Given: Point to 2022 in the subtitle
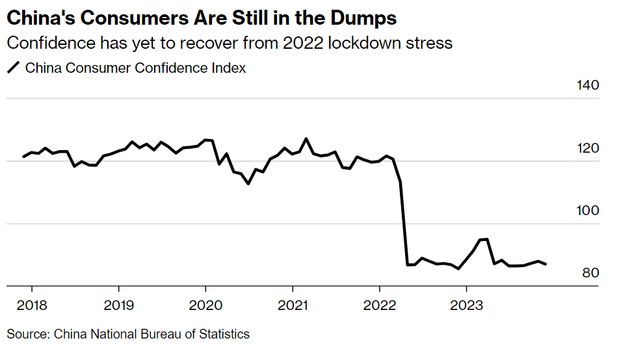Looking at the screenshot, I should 302,43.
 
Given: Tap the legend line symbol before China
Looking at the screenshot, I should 13,67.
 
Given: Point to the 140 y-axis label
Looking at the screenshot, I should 588,86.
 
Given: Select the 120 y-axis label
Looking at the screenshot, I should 588,149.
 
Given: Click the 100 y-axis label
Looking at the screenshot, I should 588,211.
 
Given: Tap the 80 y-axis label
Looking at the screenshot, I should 590,274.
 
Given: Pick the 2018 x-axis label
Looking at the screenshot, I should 31,305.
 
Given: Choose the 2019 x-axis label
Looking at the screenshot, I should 118,305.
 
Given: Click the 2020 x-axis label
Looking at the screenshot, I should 205,305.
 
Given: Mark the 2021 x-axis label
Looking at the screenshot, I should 293,305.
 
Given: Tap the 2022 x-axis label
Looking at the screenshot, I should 380,305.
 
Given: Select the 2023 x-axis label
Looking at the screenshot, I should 467,305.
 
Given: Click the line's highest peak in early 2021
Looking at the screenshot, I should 306,138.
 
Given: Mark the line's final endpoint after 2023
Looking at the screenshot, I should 545,264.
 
